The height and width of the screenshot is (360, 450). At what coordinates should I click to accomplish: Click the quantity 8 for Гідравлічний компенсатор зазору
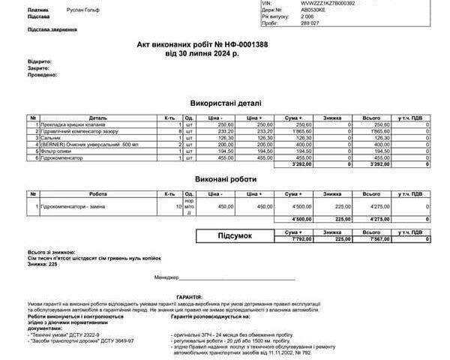pyautogui.click(x=180, y=131)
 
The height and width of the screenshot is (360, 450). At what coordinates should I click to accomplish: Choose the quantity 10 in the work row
pyautogui.click(x=178, y=206)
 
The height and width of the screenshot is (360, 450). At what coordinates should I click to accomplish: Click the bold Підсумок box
pyautogui.click(x=235, y=236)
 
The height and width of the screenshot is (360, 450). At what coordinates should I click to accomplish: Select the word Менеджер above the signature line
pyautogui.click(x=167, y=277)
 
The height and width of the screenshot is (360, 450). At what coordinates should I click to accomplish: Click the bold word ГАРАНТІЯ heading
pyautogui.click(x=189, y=297)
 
